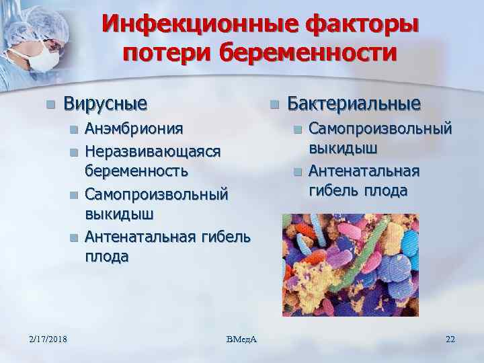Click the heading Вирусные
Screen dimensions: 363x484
pos(105,104)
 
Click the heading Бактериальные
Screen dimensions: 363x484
pos(354,104)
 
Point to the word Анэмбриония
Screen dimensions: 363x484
pos(133,128)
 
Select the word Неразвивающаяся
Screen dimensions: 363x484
pos(153,151)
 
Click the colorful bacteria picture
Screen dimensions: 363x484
pos(350,265)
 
